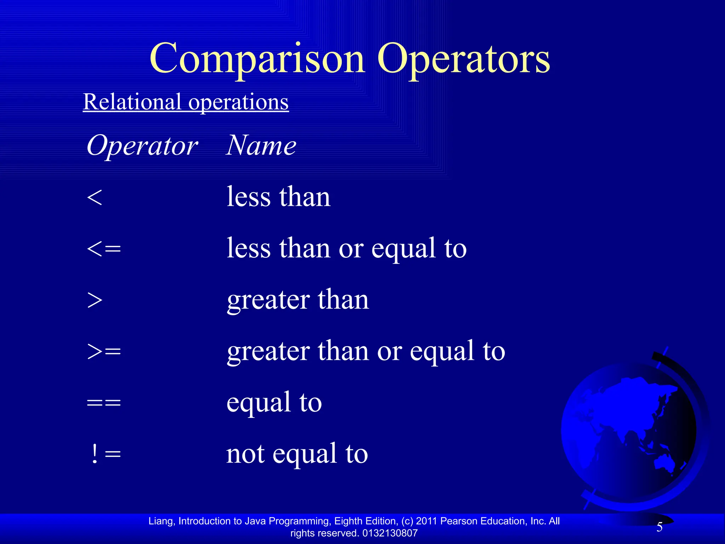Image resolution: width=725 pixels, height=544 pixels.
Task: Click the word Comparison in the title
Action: (257, 58)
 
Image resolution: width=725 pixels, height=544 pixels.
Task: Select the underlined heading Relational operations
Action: (186, 102)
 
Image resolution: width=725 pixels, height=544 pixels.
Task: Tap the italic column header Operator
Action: (142, 146)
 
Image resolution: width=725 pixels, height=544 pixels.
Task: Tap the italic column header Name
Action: (261, 146)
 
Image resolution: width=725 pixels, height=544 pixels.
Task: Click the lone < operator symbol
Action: (95, 197)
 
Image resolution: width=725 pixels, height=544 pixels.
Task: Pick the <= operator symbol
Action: (104, 249)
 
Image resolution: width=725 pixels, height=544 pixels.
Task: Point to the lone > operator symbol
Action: (95, 300)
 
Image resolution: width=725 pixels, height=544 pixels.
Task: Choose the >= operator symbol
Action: (104, 351)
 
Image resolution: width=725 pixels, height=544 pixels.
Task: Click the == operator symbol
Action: (104, 403)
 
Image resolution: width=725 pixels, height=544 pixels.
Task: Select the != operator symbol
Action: (105, 454)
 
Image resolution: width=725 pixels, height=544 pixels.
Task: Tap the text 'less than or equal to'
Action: (346, 248)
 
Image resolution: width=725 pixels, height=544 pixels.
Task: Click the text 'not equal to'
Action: (297, 454)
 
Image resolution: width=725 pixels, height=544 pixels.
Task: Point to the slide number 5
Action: (660, 527)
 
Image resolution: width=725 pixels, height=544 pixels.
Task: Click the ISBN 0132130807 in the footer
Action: (390, 533)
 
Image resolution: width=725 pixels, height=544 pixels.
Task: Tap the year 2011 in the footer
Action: (427, 521)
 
